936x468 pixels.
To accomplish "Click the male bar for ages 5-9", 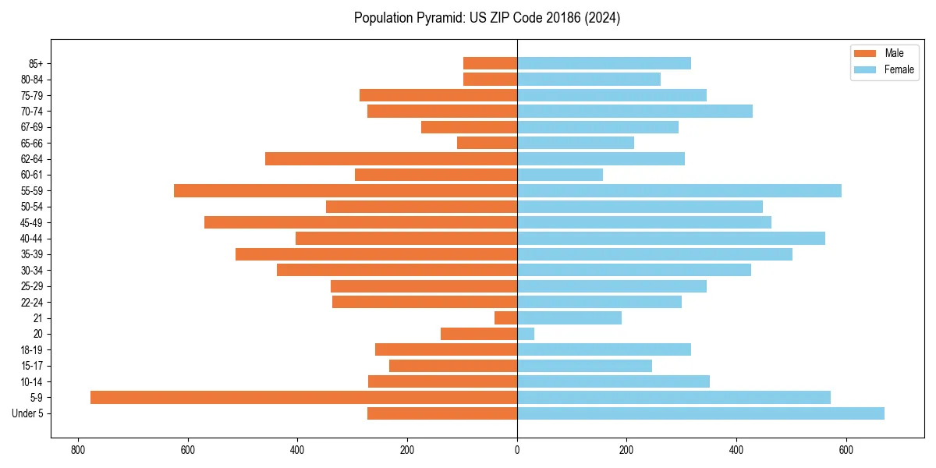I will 303,397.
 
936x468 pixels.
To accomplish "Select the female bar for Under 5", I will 700,413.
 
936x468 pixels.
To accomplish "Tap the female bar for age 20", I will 526,334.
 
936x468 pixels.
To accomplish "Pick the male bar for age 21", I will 505,317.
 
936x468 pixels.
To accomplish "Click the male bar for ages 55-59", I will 346,190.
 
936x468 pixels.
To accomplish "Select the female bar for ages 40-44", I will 671,238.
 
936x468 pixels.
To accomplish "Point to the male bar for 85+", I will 490,63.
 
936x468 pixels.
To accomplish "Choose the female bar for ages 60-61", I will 560,175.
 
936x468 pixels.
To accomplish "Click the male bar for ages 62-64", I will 391,158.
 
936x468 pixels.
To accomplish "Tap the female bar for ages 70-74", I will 635,111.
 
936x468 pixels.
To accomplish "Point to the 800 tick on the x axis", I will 77,450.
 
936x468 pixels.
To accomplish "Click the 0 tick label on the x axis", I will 517,450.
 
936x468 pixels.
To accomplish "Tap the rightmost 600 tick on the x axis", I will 846,450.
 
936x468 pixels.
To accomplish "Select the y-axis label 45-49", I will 31,222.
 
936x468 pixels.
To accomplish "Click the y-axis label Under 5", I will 27,413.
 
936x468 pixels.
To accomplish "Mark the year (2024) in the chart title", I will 604,18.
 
